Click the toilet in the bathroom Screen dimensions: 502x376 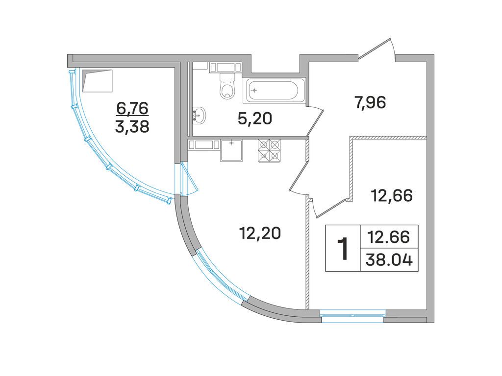tap(227, 85)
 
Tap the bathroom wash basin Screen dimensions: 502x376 tap(199, 115)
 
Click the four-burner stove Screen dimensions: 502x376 tap(270, 151)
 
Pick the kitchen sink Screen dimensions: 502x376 tap(231, 151)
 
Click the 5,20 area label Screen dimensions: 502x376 tap(255, 119)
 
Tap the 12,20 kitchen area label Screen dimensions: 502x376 tap(260, 233)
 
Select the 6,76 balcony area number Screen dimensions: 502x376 tap(132, 109)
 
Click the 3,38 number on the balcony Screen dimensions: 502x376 tap(132, 127)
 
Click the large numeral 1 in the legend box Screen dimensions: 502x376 tap(343, 248)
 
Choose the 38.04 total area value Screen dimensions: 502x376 tap(389, 260)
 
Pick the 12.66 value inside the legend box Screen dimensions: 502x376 tap(389, 237)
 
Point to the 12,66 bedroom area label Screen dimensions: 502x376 tap(392, 196)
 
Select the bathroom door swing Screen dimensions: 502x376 tap(315, 121)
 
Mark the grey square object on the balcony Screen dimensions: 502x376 tap(98, 81)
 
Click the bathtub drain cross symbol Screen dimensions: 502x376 tap(254, 90)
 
